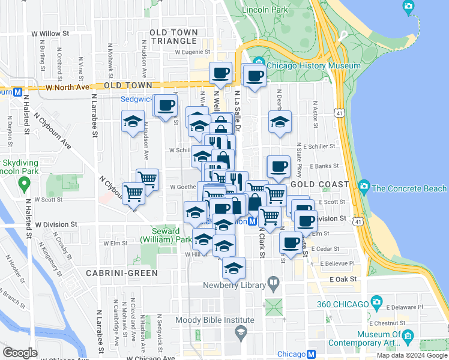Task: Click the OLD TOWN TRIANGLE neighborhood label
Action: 173,36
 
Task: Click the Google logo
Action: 19,353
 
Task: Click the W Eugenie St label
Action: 194,52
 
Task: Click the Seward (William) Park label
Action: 160,235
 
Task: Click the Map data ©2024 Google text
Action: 411,355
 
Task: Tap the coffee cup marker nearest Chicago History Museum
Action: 255,76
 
